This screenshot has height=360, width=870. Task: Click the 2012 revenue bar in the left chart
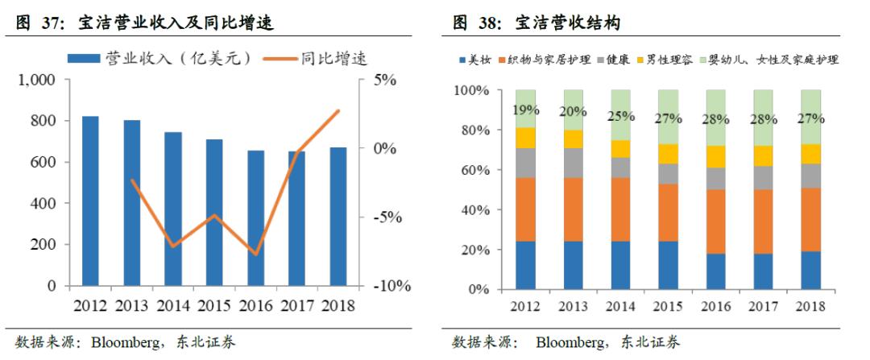point(90,201)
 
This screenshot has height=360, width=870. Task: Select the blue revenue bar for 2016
point(255,217)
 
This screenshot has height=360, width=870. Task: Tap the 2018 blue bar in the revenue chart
point(338,216)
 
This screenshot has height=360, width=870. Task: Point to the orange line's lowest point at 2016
point(255,254)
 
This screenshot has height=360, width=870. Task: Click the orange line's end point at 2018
point(338,111)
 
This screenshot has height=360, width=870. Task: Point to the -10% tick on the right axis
point(390,286)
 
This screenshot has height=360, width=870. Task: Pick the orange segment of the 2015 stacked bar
point(668,213)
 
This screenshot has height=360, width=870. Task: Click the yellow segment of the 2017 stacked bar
point(763,155)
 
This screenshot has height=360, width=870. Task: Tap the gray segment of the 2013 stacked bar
point(573,163)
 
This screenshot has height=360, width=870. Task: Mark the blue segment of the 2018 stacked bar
point(810,271)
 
